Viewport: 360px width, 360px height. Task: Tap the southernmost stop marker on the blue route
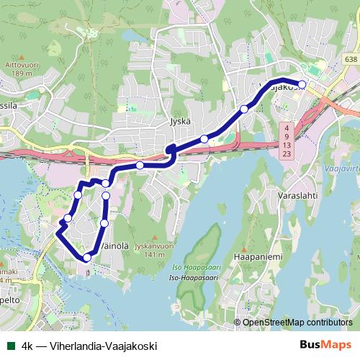pos(87,257)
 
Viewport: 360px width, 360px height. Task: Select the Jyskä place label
pos(180,122)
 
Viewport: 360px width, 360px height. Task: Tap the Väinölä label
pos(113,246)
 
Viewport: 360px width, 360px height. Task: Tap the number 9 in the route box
pos(287,135)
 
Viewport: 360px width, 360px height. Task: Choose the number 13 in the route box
pos(287,145)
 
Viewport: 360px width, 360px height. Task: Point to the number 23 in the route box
pos(287,154)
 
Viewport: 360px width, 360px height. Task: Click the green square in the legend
pos(10,346)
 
